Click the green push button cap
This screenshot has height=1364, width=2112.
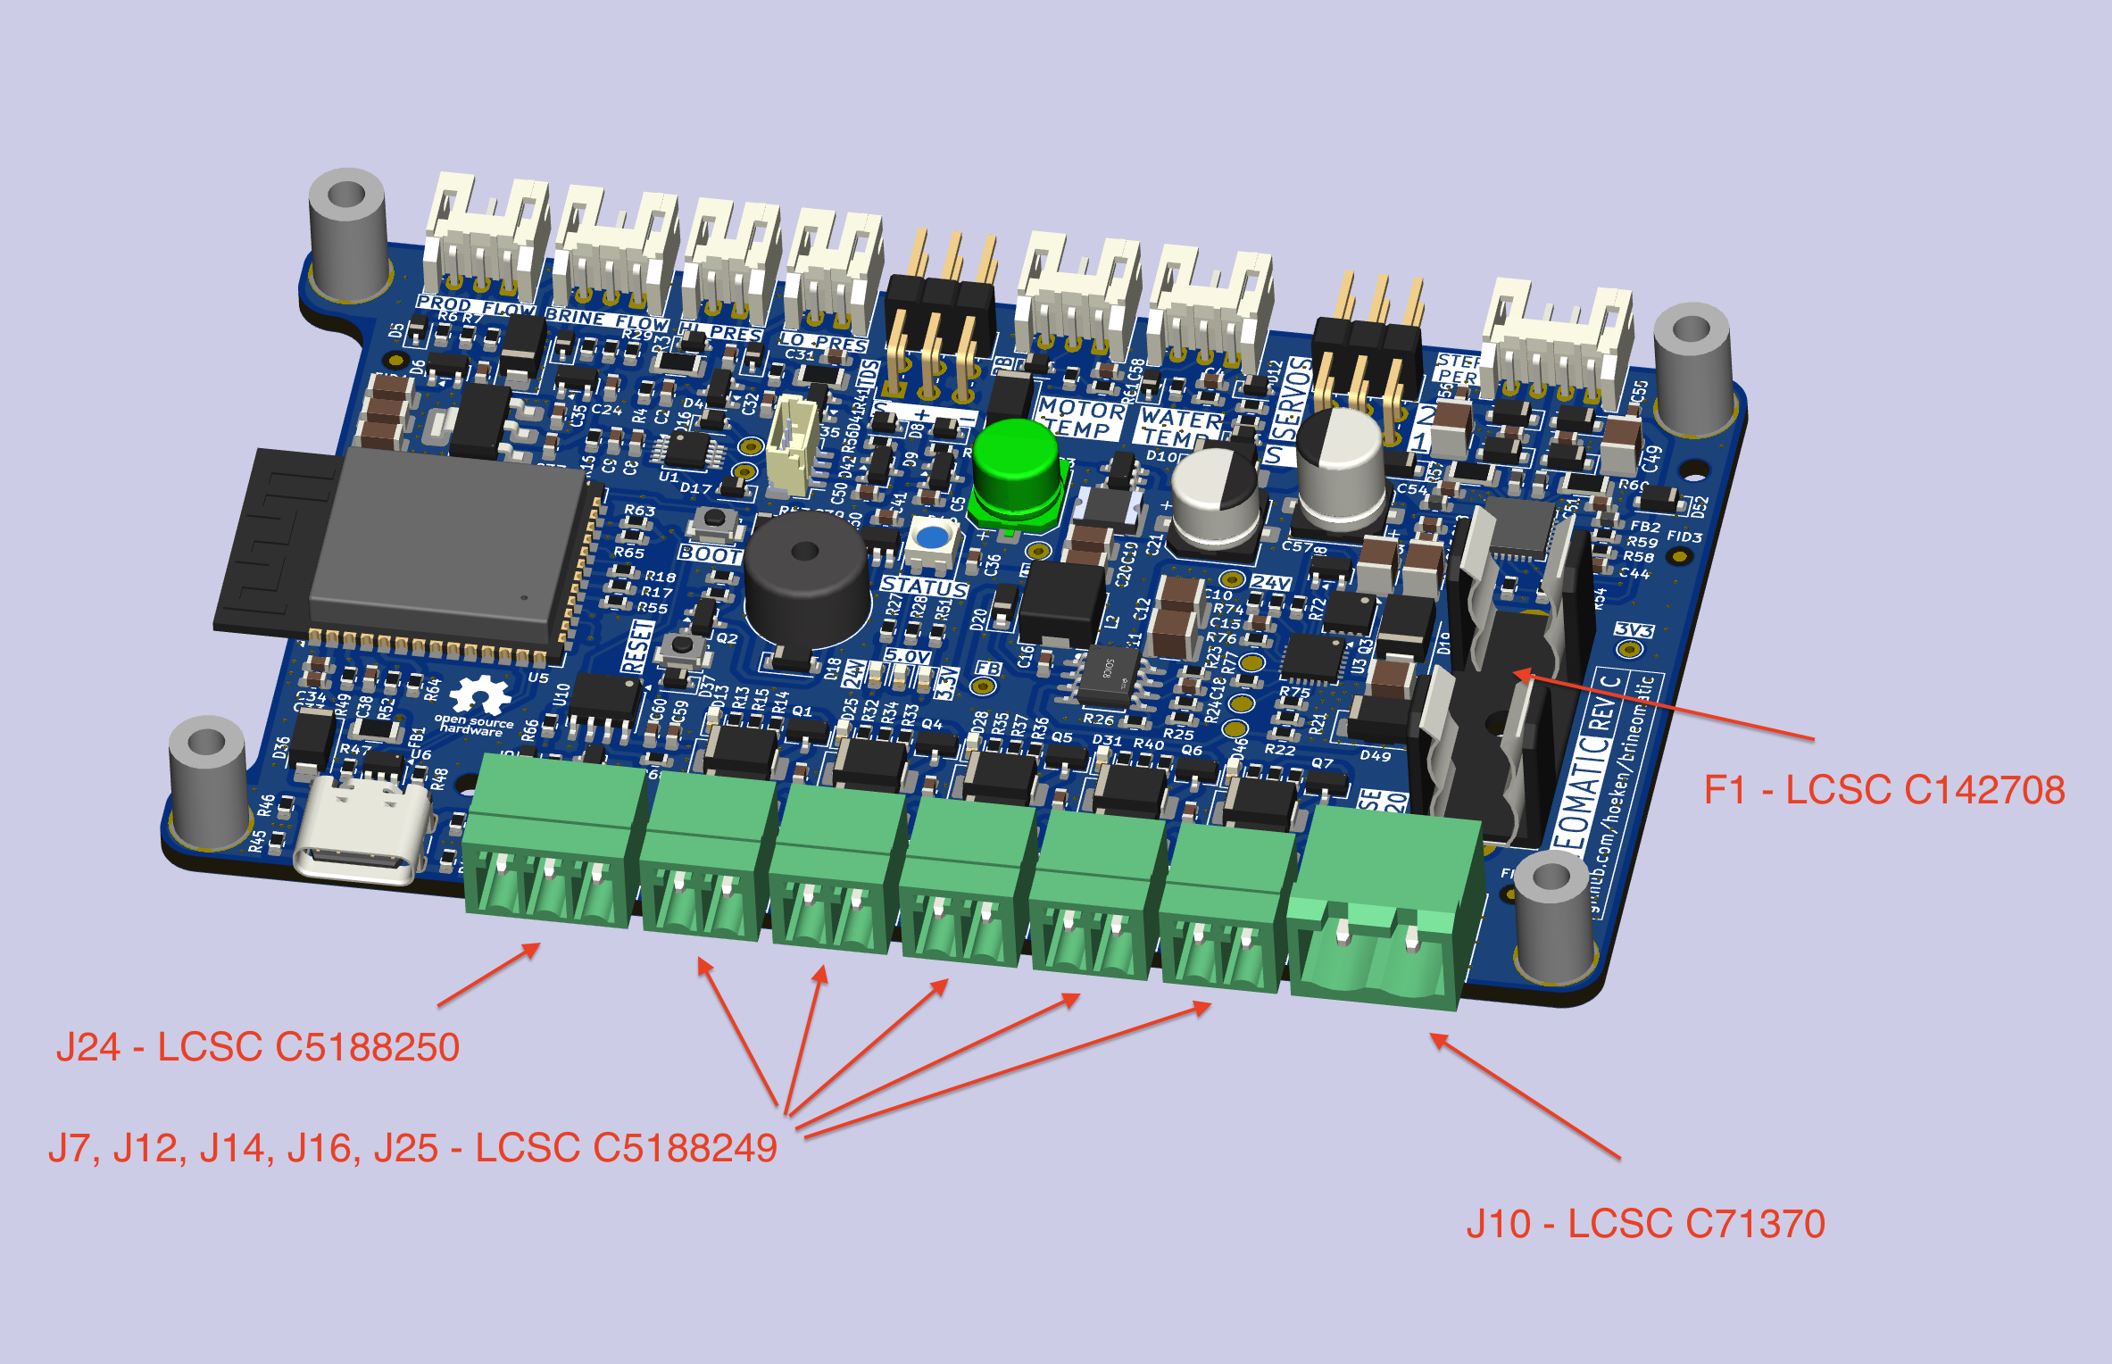tap(1015, 464)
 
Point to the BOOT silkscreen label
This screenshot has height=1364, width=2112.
tap(710, 554)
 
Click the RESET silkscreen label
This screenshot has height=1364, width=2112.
tap(637, 646)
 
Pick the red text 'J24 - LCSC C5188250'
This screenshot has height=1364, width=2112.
tap(258, 1047)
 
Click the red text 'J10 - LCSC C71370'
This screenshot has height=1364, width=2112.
tap(1645, 1224)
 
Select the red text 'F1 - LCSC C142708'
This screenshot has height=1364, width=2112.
tap(1883, 790)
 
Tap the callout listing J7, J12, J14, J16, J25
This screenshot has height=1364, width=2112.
tap(412, 1148)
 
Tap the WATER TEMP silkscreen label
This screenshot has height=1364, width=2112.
tap(1180, 428)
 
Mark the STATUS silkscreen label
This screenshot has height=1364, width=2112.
tap(924, 586)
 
